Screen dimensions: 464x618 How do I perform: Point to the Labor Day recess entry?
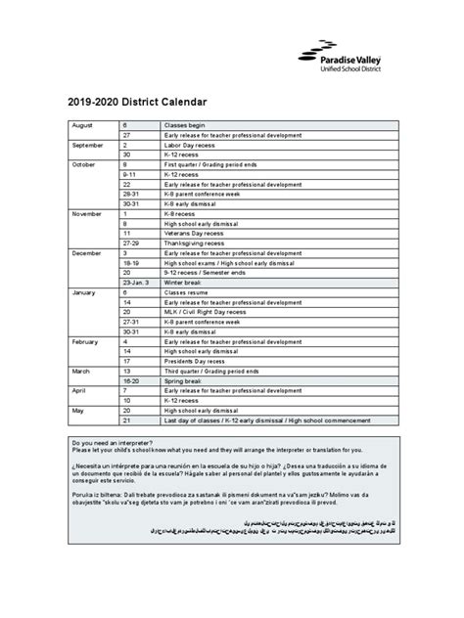190,145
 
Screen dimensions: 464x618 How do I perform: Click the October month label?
85,164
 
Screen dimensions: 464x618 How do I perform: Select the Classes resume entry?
185,291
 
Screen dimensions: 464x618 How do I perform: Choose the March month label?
82,371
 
